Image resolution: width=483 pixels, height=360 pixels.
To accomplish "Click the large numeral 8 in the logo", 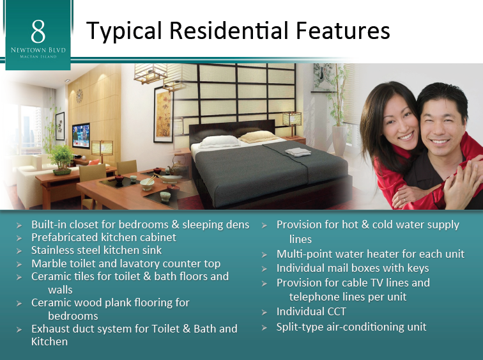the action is click(x=38, y=31).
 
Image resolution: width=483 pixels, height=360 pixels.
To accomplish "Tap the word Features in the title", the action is click(x=343, y=31).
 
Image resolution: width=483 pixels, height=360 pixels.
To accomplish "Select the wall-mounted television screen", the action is click(x=81, y=136).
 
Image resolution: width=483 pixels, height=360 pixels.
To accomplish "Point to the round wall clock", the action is click(x=79, y=96).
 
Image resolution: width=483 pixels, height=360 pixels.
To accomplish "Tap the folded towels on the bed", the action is click(x=298, y=152).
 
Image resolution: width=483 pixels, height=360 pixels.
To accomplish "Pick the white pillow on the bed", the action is click(x=219, y=141).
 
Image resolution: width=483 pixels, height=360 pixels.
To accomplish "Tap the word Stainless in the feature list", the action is click(x=54, y=250).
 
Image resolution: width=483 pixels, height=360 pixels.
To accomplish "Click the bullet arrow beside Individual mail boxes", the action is click(x=264, y=269).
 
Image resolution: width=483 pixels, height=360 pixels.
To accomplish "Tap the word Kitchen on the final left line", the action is click(x=50, y=341).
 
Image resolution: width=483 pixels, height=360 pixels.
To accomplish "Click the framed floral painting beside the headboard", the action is click(x=164, y=114).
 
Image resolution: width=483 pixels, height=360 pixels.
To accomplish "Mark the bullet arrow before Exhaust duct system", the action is click(x=19, y=330).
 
